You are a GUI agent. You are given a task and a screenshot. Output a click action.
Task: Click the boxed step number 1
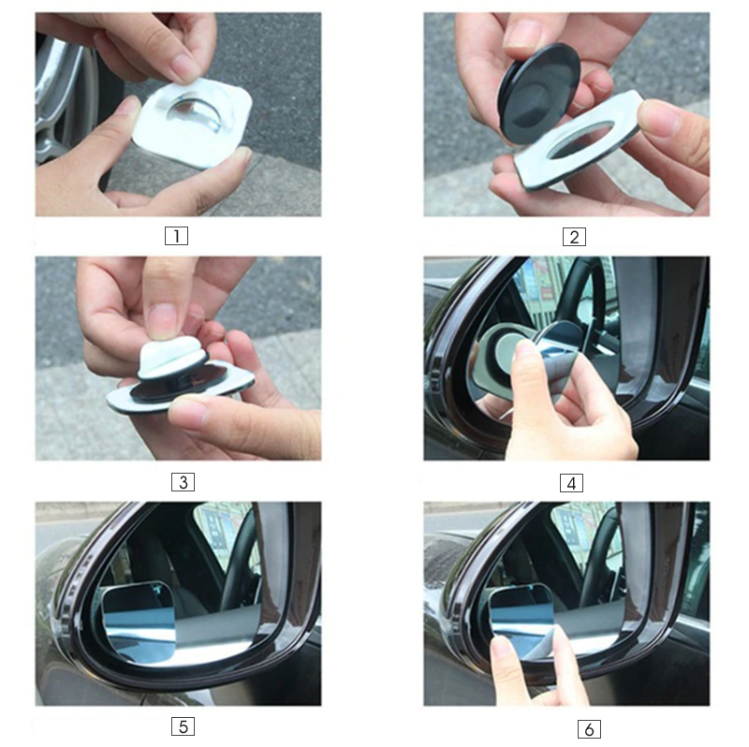click(176, 236)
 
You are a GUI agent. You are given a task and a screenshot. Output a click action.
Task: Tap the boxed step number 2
click(574, 237)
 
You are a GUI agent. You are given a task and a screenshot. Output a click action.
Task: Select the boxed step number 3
click(183, 482)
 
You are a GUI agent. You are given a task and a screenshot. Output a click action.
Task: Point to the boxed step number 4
click(571, 483)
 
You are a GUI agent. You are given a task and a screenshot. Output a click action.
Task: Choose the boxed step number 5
click(183, 726)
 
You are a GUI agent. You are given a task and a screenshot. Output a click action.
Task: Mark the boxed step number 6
click(589, 729)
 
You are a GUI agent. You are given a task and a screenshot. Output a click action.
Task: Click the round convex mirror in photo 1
click(195, 113)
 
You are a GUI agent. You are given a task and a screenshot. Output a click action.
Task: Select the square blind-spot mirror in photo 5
click(139, 621)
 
